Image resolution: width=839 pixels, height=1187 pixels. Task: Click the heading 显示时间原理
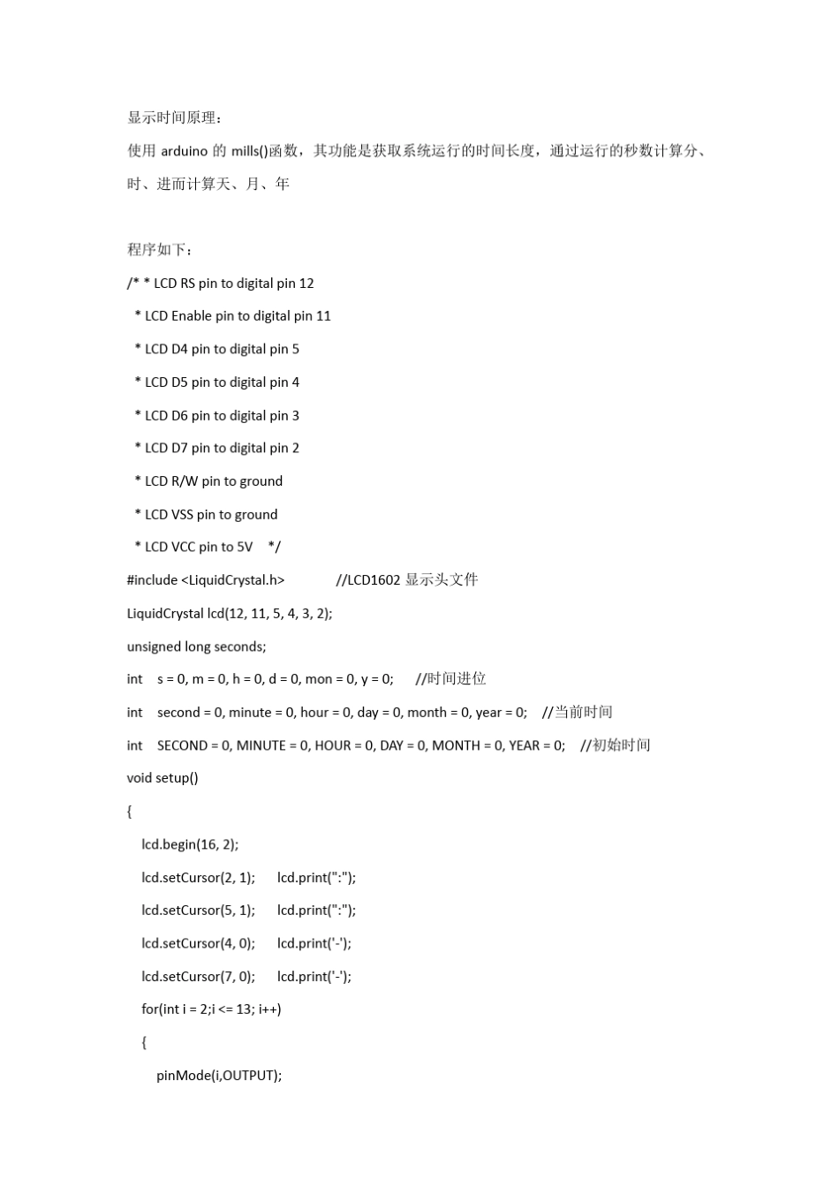tap(175, 118)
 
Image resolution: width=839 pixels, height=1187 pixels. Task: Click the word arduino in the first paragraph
tap(184, 151)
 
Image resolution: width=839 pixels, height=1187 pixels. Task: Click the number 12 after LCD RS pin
tap(306, 284)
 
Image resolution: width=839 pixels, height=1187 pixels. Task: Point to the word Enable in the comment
tap(192, 316)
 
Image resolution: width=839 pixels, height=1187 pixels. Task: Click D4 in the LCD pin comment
tap(179, 349)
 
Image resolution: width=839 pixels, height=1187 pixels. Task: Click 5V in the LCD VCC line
tap(245, 548)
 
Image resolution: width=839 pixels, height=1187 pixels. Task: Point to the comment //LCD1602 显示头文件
tap(407, 580)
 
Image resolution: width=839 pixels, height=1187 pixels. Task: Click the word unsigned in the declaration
tap(154, 646)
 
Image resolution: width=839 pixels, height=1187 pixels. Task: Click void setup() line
tap(163, 778)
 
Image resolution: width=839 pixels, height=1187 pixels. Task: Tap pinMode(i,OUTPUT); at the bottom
tap(219, 1076)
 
